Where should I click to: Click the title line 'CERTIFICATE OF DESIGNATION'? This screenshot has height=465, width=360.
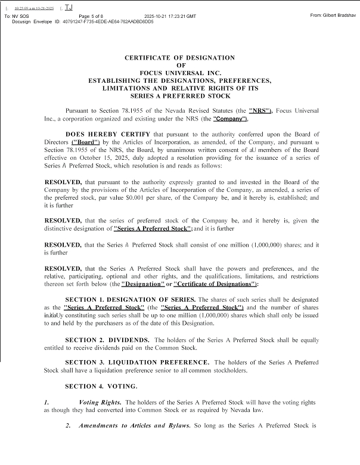[x=179, y=57]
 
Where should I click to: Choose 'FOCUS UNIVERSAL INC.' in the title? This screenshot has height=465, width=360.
[x=180, y=72]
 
